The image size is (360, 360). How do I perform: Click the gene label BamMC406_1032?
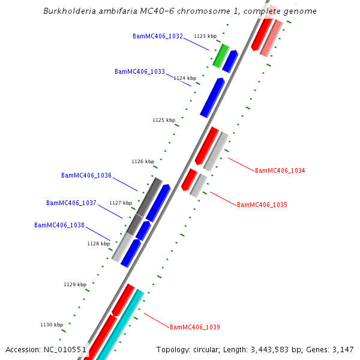click(158, 36)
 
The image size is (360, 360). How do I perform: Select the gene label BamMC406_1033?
click(140, 71)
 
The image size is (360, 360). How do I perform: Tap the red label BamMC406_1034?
click(280, 170)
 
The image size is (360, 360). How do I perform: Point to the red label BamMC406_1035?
click(262, 205)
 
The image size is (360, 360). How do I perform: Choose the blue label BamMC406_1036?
click(86, 175)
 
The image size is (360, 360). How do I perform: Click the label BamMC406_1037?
click(71, 203)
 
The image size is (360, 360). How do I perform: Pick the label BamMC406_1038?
click(59, 225)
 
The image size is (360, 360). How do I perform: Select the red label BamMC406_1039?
click(194, 327)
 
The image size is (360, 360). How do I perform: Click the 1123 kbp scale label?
click(205, 36)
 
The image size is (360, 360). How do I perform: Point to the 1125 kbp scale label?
click(164, 120)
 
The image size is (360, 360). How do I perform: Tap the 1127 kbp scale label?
click(121, 203)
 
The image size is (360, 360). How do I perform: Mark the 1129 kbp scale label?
click(75, 284)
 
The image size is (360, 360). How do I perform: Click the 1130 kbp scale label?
click(52, 325)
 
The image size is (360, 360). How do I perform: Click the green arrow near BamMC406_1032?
click(221, 55)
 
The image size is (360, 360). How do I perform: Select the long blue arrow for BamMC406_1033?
click(212, 97)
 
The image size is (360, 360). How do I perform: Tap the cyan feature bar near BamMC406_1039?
click(120, 324)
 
